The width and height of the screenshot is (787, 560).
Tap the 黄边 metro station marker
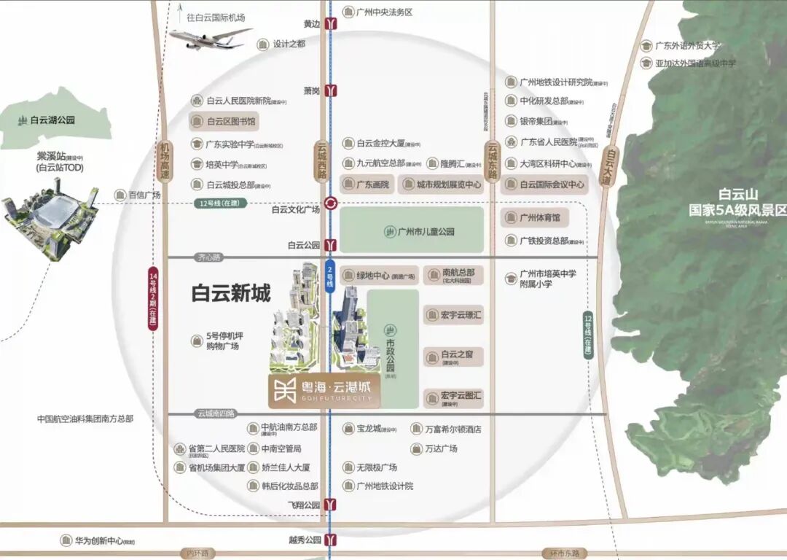tap(332, 23)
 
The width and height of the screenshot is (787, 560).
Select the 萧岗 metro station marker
tap(332, 91)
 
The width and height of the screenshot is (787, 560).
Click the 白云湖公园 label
tap(52, 120)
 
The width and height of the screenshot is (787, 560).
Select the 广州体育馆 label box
tap(535, 218)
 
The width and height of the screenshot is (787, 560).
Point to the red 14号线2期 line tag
tap(153, 298)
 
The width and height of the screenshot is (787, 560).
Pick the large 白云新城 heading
tap(231, 293)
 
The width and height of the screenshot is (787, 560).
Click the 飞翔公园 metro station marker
tap(332, 505)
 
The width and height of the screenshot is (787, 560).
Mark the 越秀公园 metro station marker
tap(332, 540)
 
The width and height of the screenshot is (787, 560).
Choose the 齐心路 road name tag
tap(208, 257)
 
